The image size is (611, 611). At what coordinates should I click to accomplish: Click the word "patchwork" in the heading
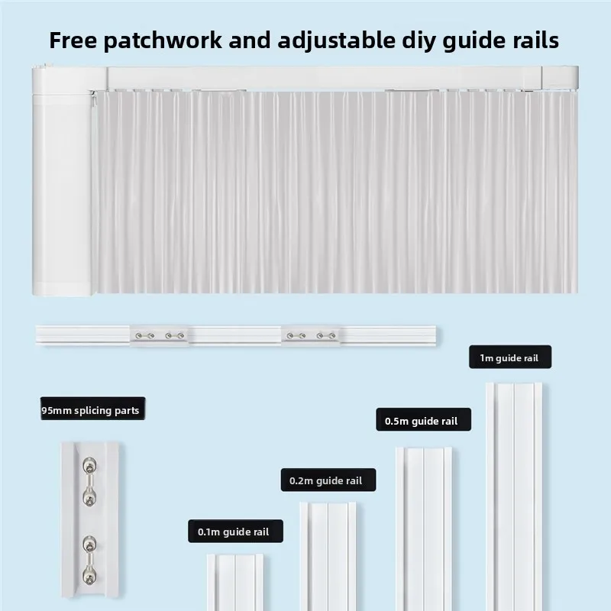(163, 41)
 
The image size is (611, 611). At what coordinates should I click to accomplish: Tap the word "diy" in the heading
(418, 41)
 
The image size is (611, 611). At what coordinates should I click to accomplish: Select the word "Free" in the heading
(73, 40)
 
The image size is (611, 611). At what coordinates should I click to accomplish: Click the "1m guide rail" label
(510, 357)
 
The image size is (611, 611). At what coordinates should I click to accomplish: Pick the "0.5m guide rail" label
(423, 419)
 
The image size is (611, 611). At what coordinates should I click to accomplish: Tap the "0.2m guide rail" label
(328, 480)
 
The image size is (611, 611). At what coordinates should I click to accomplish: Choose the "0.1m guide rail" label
(235, 531)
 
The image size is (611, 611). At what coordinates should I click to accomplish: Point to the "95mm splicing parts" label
(92, 409)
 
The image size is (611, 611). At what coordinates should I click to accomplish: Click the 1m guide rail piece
(513, 496)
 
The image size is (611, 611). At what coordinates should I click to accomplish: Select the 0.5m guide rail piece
(424, 529)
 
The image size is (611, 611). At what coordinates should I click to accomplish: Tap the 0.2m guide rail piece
(328, 557)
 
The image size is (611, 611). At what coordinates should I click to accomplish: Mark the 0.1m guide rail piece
(234, 582)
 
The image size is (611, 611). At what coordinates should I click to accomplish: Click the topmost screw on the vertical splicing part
(89, 465)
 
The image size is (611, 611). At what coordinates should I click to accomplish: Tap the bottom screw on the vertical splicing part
(89, 577)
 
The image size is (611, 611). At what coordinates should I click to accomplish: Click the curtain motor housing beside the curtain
(63, 181)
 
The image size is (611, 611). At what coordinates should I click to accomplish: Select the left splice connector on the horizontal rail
(160, 335)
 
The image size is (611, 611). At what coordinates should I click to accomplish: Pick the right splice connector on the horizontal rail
(311, 335)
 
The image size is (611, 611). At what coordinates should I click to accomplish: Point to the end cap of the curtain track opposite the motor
(560, 78)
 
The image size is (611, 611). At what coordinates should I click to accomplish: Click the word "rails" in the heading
(536, 40)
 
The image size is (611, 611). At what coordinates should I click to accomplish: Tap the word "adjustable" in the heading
(337, 41)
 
